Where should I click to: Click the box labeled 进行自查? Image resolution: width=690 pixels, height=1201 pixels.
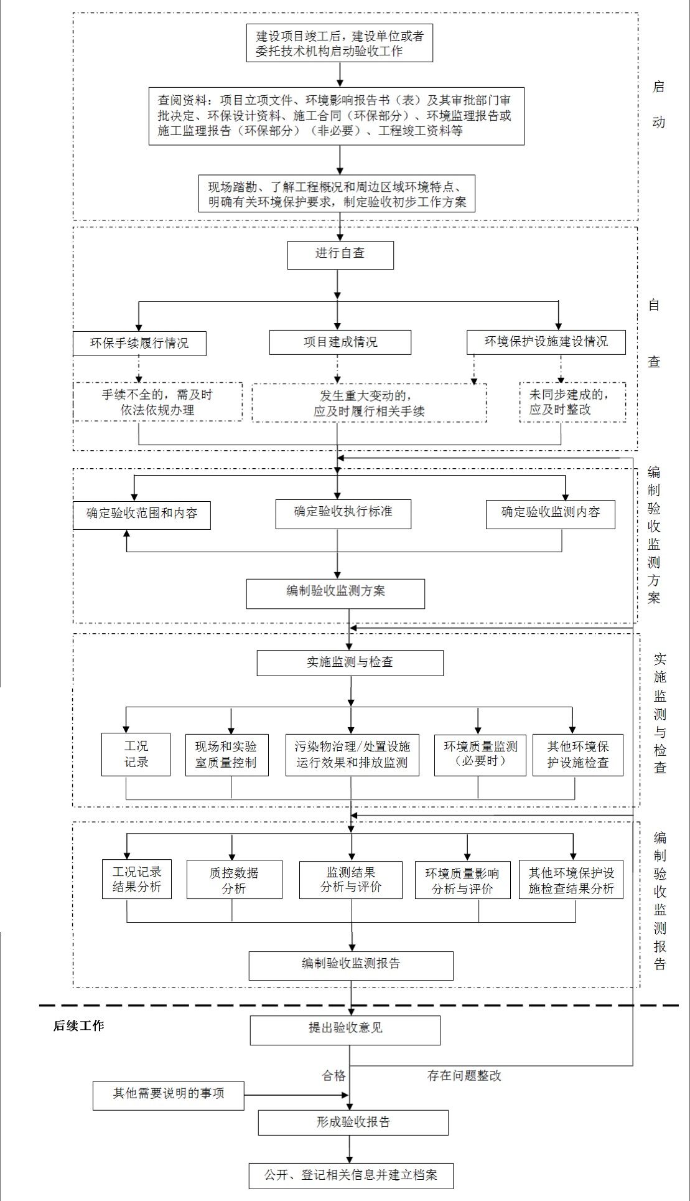[340, 255]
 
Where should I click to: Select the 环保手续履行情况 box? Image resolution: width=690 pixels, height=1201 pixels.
[139, 343]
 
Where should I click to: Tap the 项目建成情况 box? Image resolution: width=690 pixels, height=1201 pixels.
[340, 342]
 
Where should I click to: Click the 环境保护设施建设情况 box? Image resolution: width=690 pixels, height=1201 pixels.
[546, 342]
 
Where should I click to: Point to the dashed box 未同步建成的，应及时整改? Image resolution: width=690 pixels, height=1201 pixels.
[572, 402]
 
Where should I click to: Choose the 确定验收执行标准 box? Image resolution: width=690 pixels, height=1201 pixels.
[343, 513]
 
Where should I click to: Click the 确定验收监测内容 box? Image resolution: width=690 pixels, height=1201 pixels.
[550, 514]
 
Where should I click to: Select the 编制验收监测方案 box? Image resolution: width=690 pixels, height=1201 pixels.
[335, 593]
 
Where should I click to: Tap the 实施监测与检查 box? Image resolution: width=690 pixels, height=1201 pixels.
[350, 662]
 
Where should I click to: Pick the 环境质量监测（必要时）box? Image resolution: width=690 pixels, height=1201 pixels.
[480, 754]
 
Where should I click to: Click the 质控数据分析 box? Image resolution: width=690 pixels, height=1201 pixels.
[234, 879]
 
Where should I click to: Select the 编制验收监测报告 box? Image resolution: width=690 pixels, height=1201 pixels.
[351, 965]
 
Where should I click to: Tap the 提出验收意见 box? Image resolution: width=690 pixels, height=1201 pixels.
[345, 1030]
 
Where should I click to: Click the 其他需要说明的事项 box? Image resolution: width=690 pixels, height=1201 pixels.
[168, 1095]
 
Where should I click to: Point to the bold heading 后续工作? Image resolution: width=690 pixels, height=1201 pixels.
[78, 1025]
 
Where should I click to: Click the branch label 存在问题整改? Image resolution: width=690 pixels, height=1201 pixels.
[464, 1075]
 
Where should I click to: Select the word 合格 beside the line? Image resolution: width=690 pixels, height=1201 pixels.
[333, 1075]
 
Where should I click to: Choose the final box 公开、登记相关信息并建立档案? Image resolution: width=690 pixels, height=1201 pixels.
[350, 1175]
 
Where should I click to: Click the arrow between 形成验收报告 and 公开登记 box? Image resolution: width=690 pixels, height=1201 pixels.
[350, 1148]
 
